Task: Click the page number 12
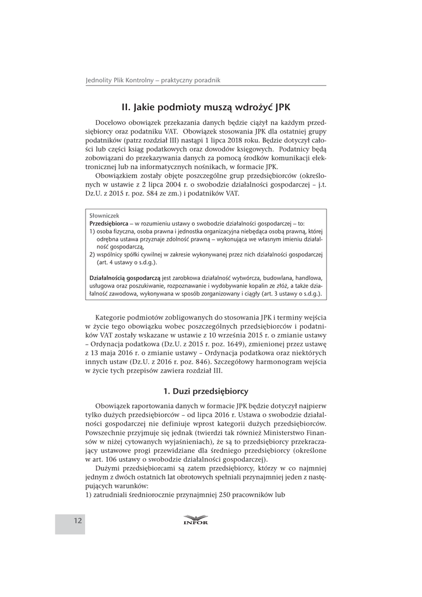coord(78,521)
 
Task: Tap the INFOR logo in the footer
coord(195,520)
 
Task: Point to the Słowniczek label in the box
coord(104,215)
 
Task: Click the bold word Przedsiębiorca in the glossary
coord(108,223)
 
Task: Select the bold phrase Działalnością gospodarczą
coord(125,279)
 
